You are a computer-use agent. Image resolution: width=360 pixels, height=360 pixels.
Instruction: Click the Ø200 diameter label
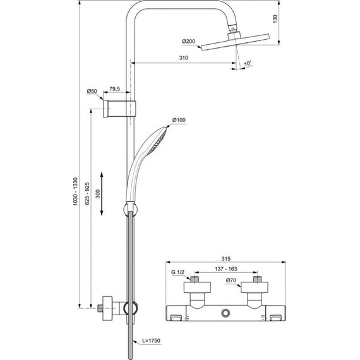pos(189,42)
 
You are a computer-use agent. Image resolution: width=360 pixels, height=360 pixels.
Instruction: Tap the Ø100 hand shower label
pos(179,120)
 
